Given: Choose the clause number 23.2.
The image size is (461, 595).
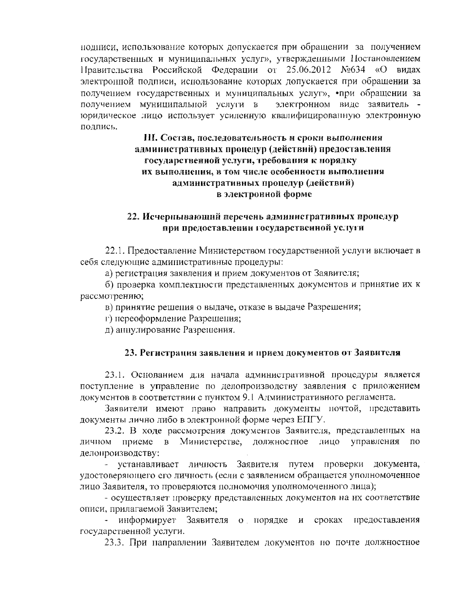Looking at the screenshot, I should pos(114,430).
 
